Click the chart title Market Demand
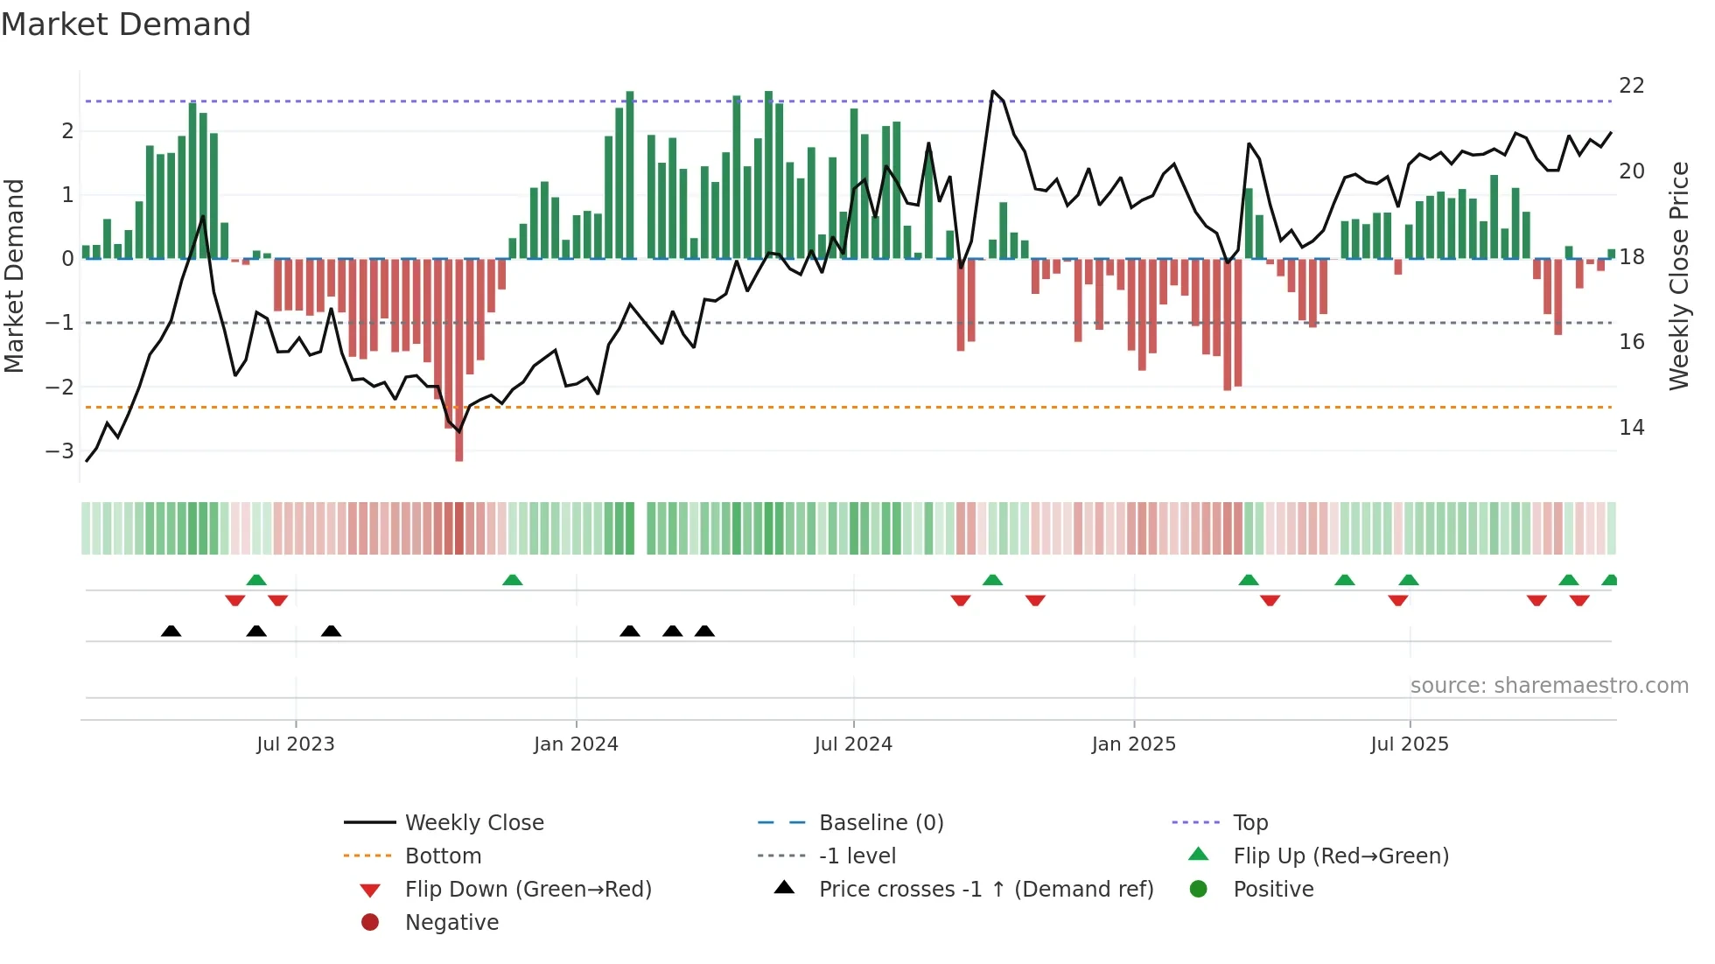(126, 24)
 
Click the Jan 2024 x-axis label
(576, 744)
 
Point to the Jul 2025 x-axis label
(1410, 744)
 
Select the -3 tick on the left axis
(60, 451)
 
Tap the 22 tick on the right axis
(1632, 86)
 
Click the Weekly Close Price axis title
(1678, 276)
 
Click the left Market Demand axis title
(14, 276)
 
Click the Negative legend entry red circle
(370, 923)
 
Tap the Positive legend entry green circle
(1199, 890)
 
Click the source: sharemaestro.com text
(1549, 686)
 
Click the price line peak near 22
(992, 91)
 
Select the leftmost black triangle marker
(171, 632)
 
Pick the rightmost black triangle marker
(704, 632)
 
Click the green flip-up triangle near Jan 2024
(513, 580)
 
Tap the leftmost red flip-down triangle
(234, 600)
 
